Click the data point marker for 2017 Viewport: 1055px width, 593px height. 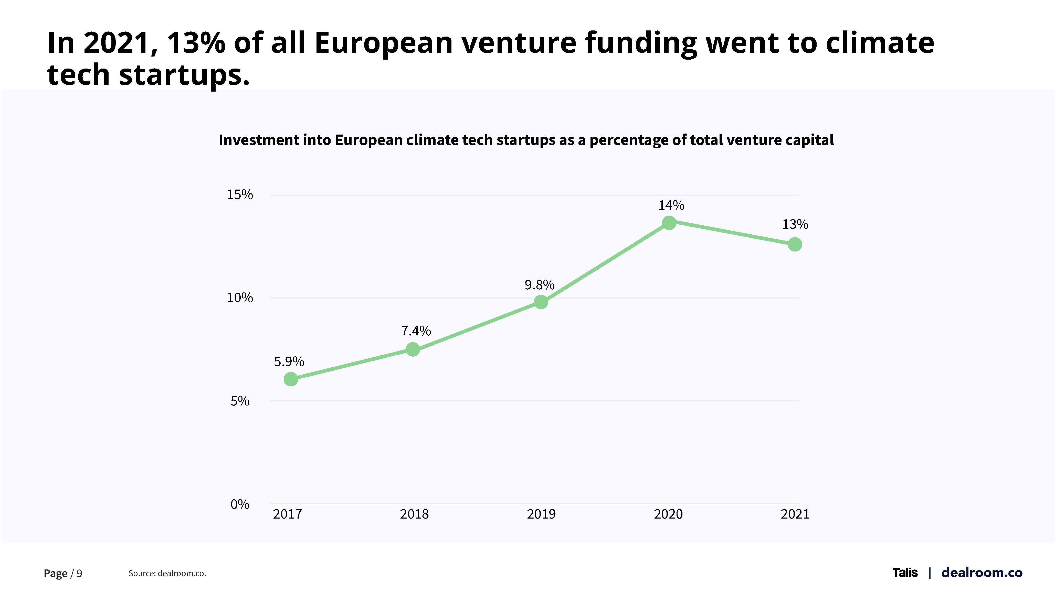(x=291, y=379)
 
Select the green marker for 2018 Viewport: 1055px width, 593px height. (x=413, y=349)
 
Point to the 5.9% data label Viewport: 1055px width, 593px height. (x=289, y=361)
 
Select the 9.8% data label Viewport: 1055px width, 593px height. (x=539, y=284)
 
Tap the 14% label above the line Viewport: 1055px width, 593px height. (x=671, y=205)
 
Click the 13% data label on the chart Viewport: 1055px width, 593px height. (x=795, y=224)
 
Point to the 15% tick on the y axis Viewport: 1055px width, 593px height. (x=240, y=194)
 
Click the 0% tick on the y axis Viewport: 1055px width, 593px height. (x=240, y=504)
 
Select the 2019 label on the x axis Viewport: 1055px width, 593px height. (x=541, y=514)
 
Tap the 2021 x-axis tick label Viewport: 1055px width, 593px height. (x=795, y=514)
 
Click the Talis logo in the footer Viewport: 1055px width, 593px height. (x=905, y=573)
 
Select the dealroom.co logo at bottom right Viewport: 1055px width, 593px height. (x=982, y=573)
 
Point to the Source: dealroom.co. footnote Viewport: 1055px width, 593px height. (x=167, y=573)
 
